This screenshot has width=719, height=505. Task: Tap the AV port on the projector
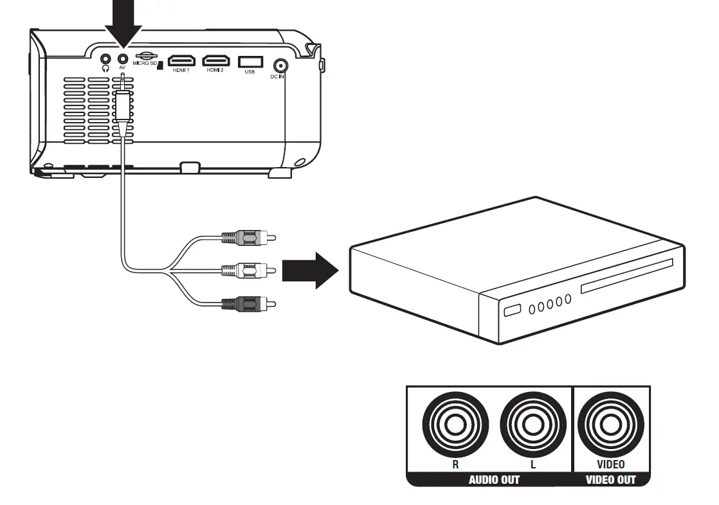pyautogui.click(x=122, y=58)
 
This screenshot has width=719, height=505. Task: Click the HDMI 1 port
pyautogui.click(x=181, y=61)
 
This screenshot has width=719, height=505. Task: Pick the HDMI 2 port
pyautogui.click(x=215, y=61)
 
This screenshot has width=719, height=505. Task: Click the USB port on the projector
pyautogui.click(x=250, y=61)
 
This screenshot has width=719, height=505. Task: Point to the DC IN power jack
pyautogui.click(x=280, y=66)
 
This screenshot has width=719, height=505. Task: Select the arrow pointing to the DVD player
pyautogui.click(x=310, y=269)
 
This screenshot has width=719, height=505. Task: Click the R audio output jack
pyautogui.click(x=455, y=426)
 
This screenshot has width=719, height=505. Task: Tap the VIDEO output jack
pyautogui.click(x=610, y=426)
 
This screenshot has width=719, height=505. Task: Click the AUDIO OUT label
pyautogui.click(x=494, y=479)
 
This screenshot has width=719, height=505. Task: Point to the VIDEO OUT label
pyautogui.click(x=610, y=479)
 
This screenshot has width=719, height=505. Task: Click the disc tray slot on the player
pyautogui.click(x=626, y=276)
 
